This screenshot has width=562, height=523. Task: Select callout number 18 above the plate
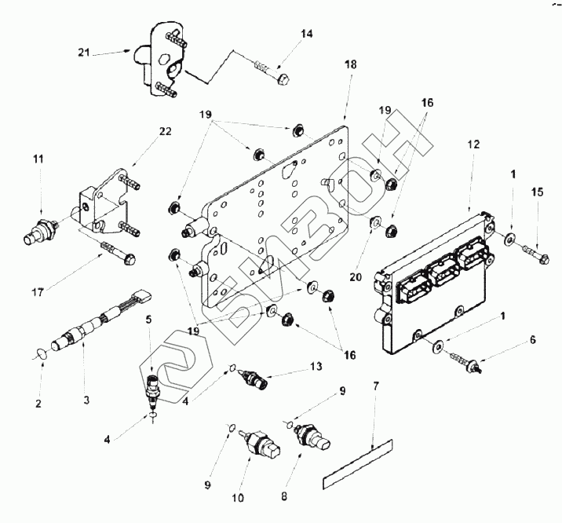click(350, 65)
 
